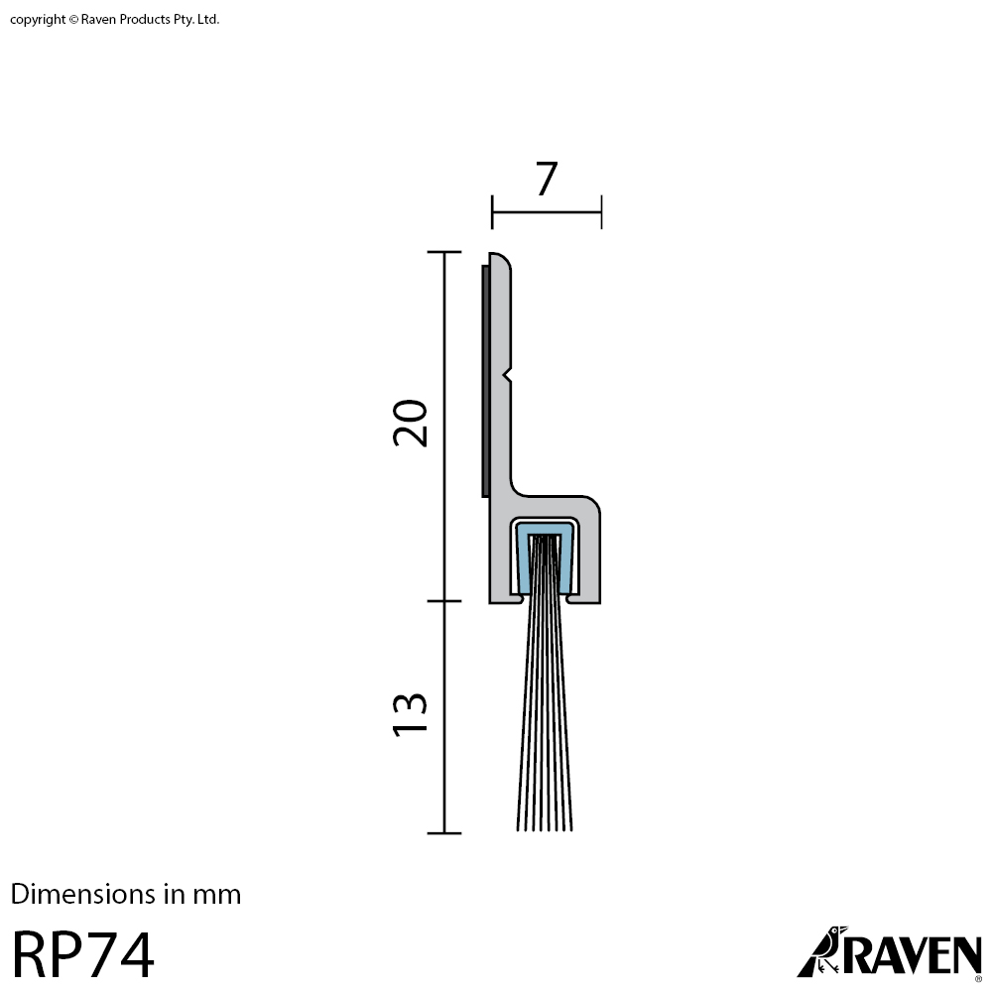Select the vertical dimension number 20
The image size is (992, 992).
pyautogui.click(x=410, y=423)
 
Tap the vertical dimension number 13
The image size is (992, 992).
pyautogui.click(x=410, y=713)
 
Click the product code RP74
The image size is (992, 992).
pyautogui.click(x=83, y=955)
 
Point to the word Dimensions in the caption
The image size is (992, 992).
pyautogui.click(x=84, y=895)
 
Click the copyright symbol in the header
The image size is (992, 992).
pyautogui.click(x=73, y=20)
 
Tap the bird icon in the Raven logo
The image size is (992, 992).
pyautogui.click(x=822, y=952)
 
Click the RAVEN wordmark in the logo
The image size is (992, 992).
pyautogui.click(x=913, y=954)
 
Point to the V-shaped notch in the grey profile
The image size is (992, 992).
pyautogui.click(x=508, y=375)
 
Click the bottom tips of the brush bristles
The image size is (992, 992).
pyautogui.click(x=545, y=826)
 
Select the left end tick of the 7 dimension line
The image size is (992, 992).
pyautogui.click(x=492, y=211)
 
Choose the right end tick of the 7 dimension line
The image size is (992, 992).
pyautogui.click(x=601, y=211)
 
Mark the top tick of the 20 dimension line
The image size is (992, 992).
pyautogui.click(x=444, y=252)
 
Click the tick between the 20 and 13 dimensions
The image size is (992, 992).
pyautogui.click(x=444, y=601)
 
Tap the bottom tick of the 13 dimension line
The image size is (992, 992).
pyautogui.click(x=444, y=832)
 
